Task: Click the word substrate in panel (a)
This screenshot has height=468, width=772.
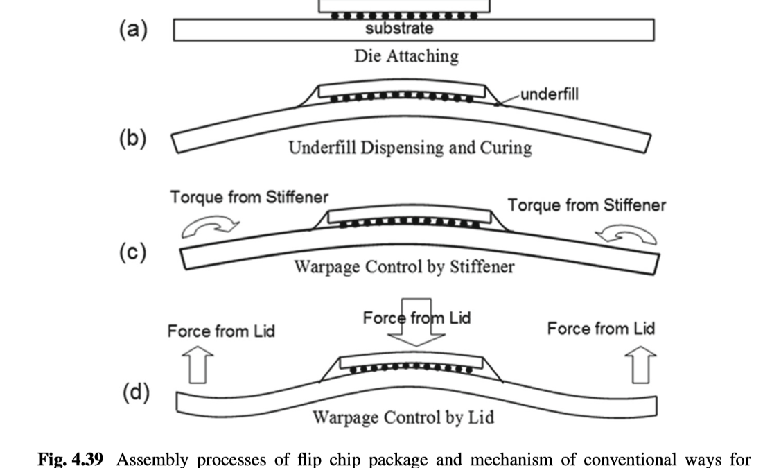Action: pyautogui.click(x=399, y=29)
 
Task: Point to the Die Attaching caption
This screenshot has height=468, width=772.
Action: pyautogui.click(x=407, y=55)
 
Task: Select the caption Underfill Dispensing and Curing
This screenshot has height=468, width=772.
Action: pyautogui.click(x=410, y=148)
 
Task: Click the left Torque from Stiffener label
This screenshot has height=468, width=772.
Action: pyautogui.click(x=249, y=197)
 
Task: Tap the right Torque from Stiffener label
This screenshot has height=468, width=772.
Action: pyautogui.click(x=586, y=205)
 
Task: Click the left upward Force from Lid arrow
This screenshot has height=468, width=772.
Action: pyautogui.click(x=197, y=365)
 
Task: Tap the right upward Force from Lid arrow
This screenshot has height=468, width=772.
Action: pyautogui.click(x=642, y=365)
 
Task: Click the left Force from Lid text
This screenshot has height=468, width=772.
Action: pyautogui.click(x=221, y=331)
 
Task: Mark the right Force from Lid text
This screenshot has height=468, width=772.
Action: pyautogui.click(x=601, y=328)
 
